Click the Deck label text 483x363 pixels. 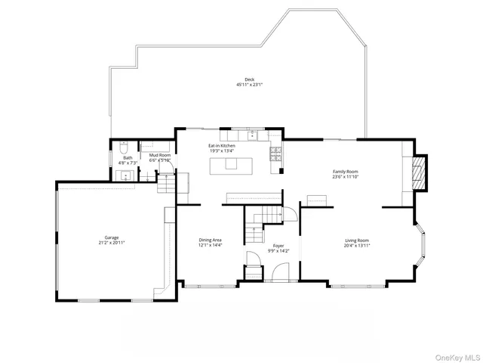tap(249, 79)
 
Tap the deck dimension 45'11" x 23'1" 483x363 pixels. tap(249, 85)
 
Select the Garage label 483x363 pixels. tap(111, 237)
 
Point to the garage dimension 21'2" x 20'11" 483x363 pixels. tap(111, 243)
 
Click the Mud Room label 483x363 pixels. tap(159, 155)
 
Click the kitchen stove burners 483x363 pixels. tap(275, 154)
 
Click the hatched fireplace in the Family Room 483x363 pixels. tap(420, 173)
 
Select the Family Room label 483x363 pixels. tap(345, 172)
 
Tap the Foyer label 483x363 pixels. tap(278, 246)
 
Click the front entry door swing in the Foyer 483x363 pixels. tap(280, 273)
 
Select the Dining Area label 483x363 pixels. tap(210, 240)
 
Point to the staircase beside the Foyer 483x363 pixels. tap(260, 221)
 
